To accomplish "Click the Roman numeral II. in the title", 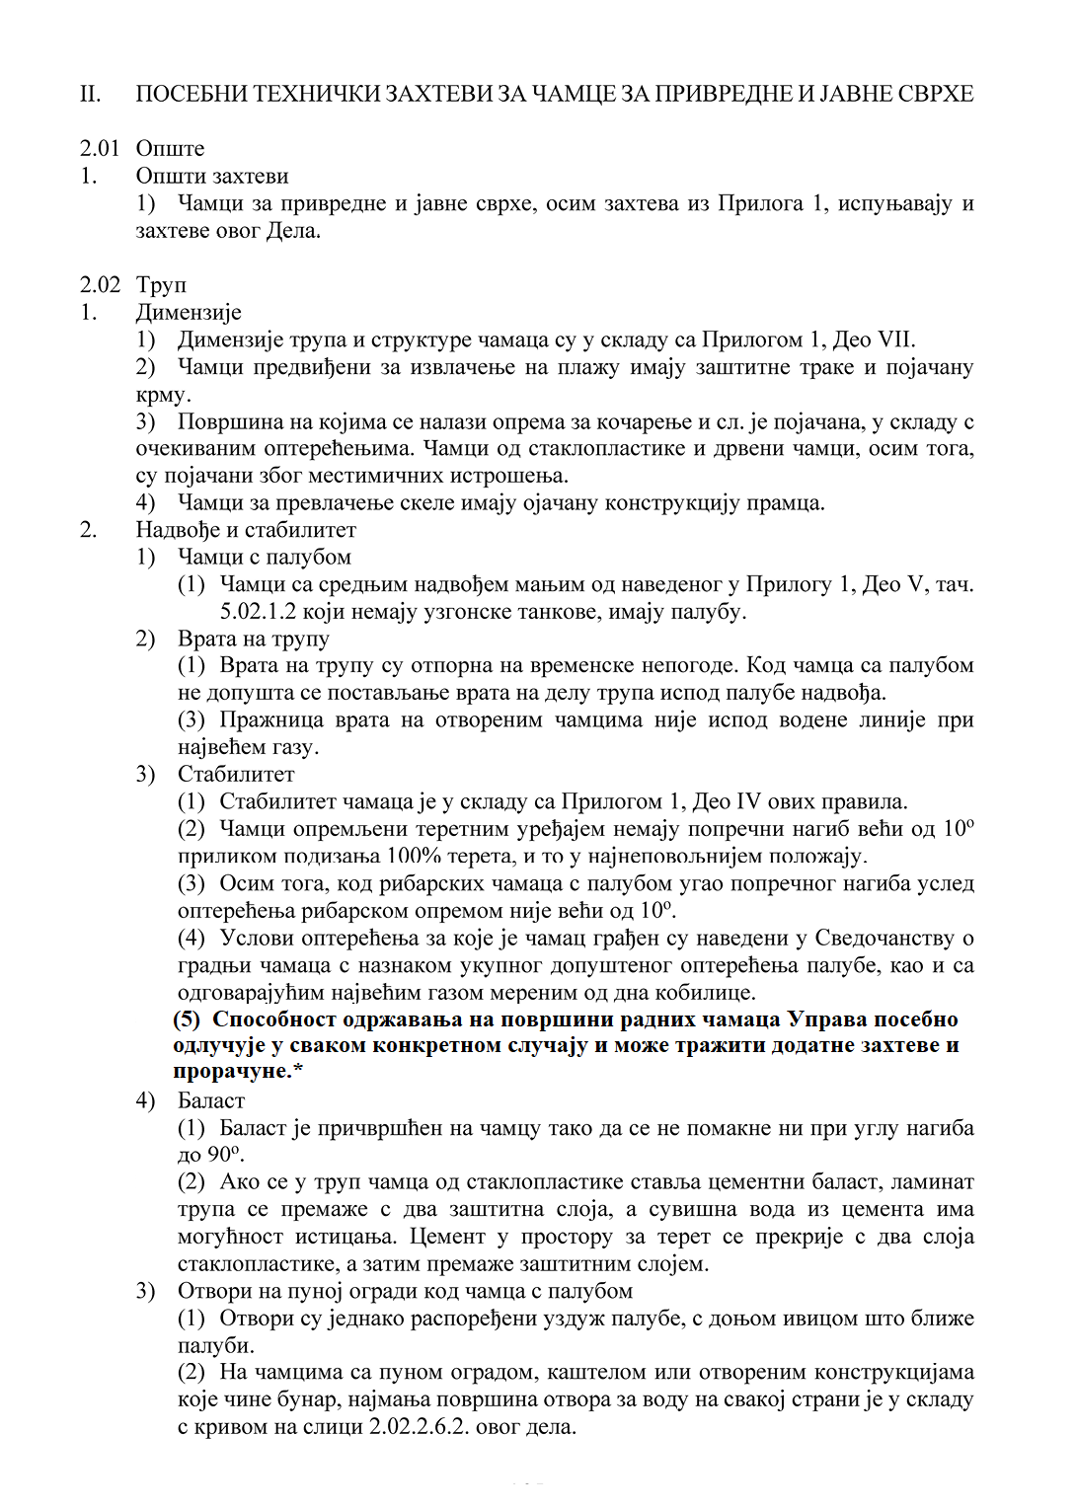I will pyautogui.click(x=90, y=95).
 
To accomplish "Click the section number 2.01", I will pyautogui.click(x=100, y=149).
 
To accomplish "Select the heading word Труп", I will pyautogui.click(x=161, y=285).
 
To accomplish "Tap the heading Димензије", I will pyautogui.click(x=189, y=313).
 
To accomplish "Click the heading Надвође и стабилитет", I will pyautogui.click(x=246, y=530).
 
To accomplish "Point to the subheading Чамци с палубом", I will pyautogui.click(x=264, y=558).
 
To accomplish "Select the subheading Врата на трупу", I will pyautogui.click(x=253, y=640).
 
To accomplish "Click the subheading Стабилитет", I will pyautogui.click(x=236, y=775).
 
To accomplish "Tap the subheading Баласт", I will pyautogui.click(x=210, y=1101).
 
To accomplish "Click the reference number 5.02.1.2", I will pyautogui.click(x=258, y=612).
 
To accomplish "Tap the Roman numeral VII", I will pyautogui.click(x=894, y=340).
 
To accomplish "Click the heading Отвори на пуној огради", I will pyautogui.click(x=405, y=1292).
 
